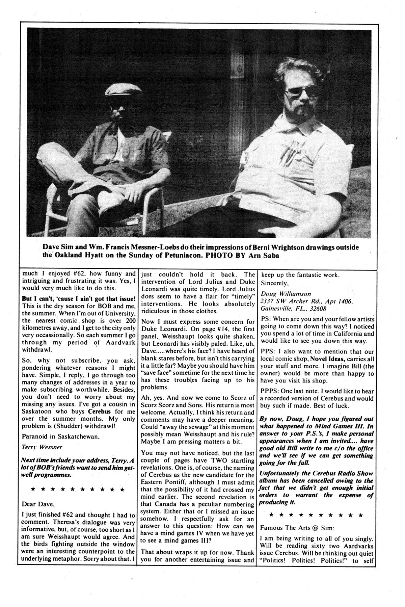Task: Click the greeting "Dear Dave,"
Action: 38,504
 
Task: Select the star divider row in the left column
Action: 77,489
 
